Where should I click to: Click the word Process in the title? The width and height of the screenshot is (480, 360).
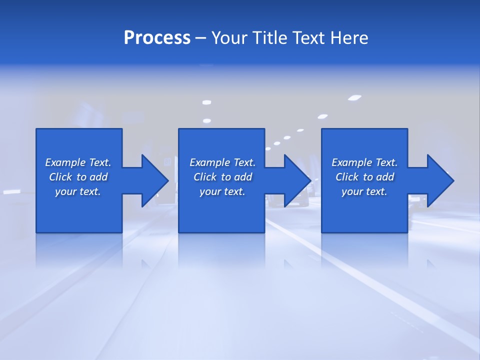(x=157, y=38)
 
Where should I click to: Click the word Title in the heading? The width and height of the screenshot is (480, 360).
(x=269, y=38)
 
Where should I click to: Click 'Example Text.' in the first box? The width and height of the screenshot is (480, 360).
(x=78, y=162)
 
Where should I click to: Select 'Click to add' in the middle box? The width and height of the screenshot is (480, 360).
(x=222, y=177)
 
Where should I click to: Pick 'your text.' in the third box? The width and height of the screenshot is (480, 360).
(x=364, y=191)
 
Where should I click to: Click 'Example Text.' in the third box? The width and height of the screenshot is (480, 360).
(x=364, y=162)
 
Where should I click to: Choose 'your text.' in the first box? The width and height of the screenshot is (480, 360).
(x=78, y=191)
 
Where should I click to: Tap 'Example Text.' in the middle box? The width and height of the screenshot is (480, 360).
(x=222, y=162)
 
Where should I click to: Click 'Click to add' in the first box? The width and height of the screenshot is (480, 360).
(x=78, y=177)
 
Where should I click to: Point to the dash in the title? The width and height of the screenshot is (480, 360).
(x=200, y=38)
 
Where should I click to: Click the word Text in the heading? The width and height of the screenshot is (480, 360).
(x=307, y=38)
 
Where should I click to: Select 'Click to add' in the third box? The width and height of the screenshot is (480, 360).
(x=364, y=177)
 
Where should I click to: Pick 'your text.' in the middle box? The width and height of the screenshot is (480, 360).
(x=222, y=191)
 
